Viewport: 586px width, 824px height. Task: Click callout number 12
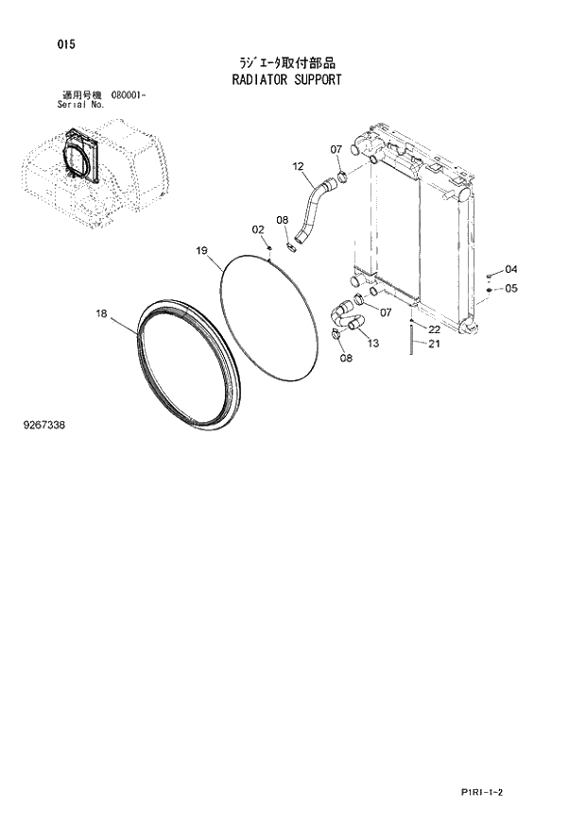pyautogui.click(x=298, y=167)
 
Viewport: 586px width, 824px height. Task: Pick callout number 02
pyautogui.click(x=258, y=229)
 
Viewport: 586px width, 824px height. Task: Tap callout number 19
pyautogui.click(x=201, y=250)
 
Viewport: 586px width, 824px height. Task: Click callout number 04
pyautogui.click(x=511, y=269)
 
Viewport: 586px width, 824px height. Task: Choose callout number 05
pyautogui.click(x=511, y=288)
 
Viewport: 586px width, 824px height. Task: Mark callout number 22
pyautogui.click(x=434, y=329)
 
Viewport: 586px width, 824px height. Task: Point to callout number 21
pyautogui.click(x=434, y=344)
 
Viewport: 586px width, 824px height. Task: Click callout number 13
pyautogui.click(x=372, y=343)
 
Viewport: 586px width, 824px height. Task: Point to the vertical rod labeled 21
pyautogui.click(x=412, y=340)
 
